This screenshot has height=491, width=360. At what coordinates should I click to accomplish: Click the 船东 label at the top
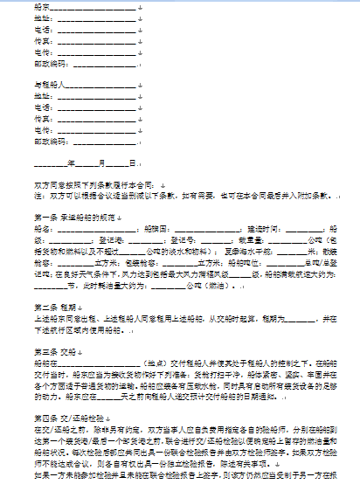[x=41, y=6]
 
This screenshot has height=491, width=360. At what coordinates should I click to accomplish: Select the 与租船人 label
[x=46, y=85]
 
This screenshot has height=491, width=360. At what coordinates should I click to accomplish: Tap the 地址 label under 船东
[x=41, y=17]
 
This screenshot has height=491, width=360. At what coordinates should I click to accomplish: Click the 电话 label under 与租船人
[x=41, y=107]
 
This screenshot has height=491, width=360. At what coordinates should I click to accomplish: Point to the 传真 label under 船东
[x=41, y=40]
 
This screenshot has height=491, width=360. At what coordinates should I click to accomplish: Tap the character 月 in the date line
[x=102, y=163]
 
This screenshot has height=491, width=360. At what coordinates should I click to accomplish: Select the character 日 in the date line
[x=132, y=163]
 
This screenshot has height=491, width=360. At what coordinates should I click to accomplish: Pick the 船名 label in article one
[x=41, y=228]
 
